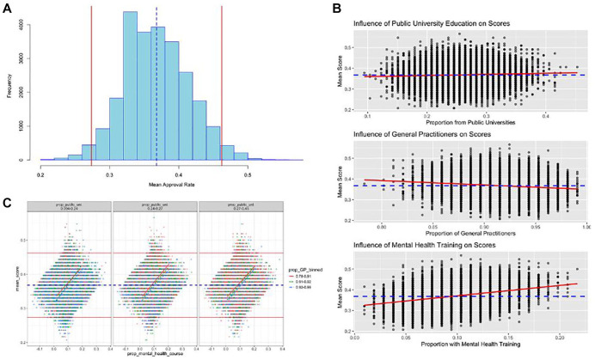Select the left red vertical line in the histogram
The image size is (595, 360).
coord(92,86)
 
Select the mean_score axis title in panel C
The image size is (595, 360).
coord(20,279)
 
